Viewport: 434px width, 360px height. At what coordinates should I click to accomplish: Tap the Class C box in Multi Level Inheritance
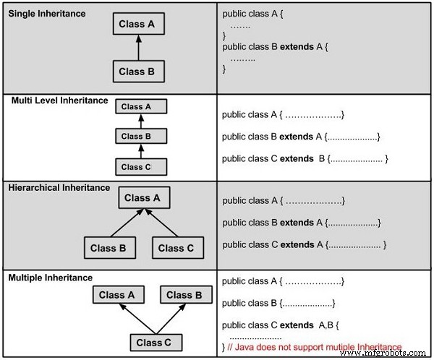pyautogui.click(x=141, y=166)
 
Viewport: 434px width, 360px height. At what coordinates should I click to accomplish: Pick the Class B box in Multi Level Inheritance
pyautogui.click(x=141, y=136)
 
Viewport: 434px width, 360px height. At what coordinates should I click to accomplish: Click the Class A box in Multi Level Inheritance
pyautogui.click(x=141, y=107)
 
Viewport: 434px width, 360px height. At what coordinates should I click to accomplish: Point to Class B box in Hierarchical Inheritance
pyautogui.click(x=109, y=248)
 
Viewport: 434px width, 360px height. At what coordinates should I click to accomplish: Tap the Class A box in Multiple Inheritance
pyautogui.click(x=116, y=295)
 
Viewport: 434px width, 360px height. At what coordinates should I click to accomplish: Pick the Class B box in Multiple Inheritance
pyautogui.click(x=184, y=295)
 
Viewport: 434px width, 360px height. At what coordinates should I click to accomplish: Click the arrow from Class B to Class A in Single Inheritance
pyautogui.click(x=139, y=48)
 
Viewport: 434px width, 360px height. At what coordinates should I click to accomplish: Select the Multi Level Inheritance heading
pyautogui.click(x=59, y=100)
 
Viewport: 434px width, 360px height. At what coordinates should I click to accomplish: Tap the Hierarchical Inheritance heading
pyautogui.click(x=59, y=188)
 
